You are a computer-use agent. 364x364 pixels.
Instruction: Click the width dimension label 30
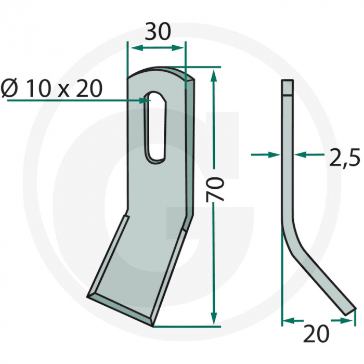(157, 32)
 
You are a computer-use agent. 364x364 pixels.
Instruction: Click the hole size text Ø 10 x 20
(51, 89)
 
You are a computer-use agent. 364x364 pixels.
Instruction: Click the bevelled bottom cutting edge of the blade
(122, 307)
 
